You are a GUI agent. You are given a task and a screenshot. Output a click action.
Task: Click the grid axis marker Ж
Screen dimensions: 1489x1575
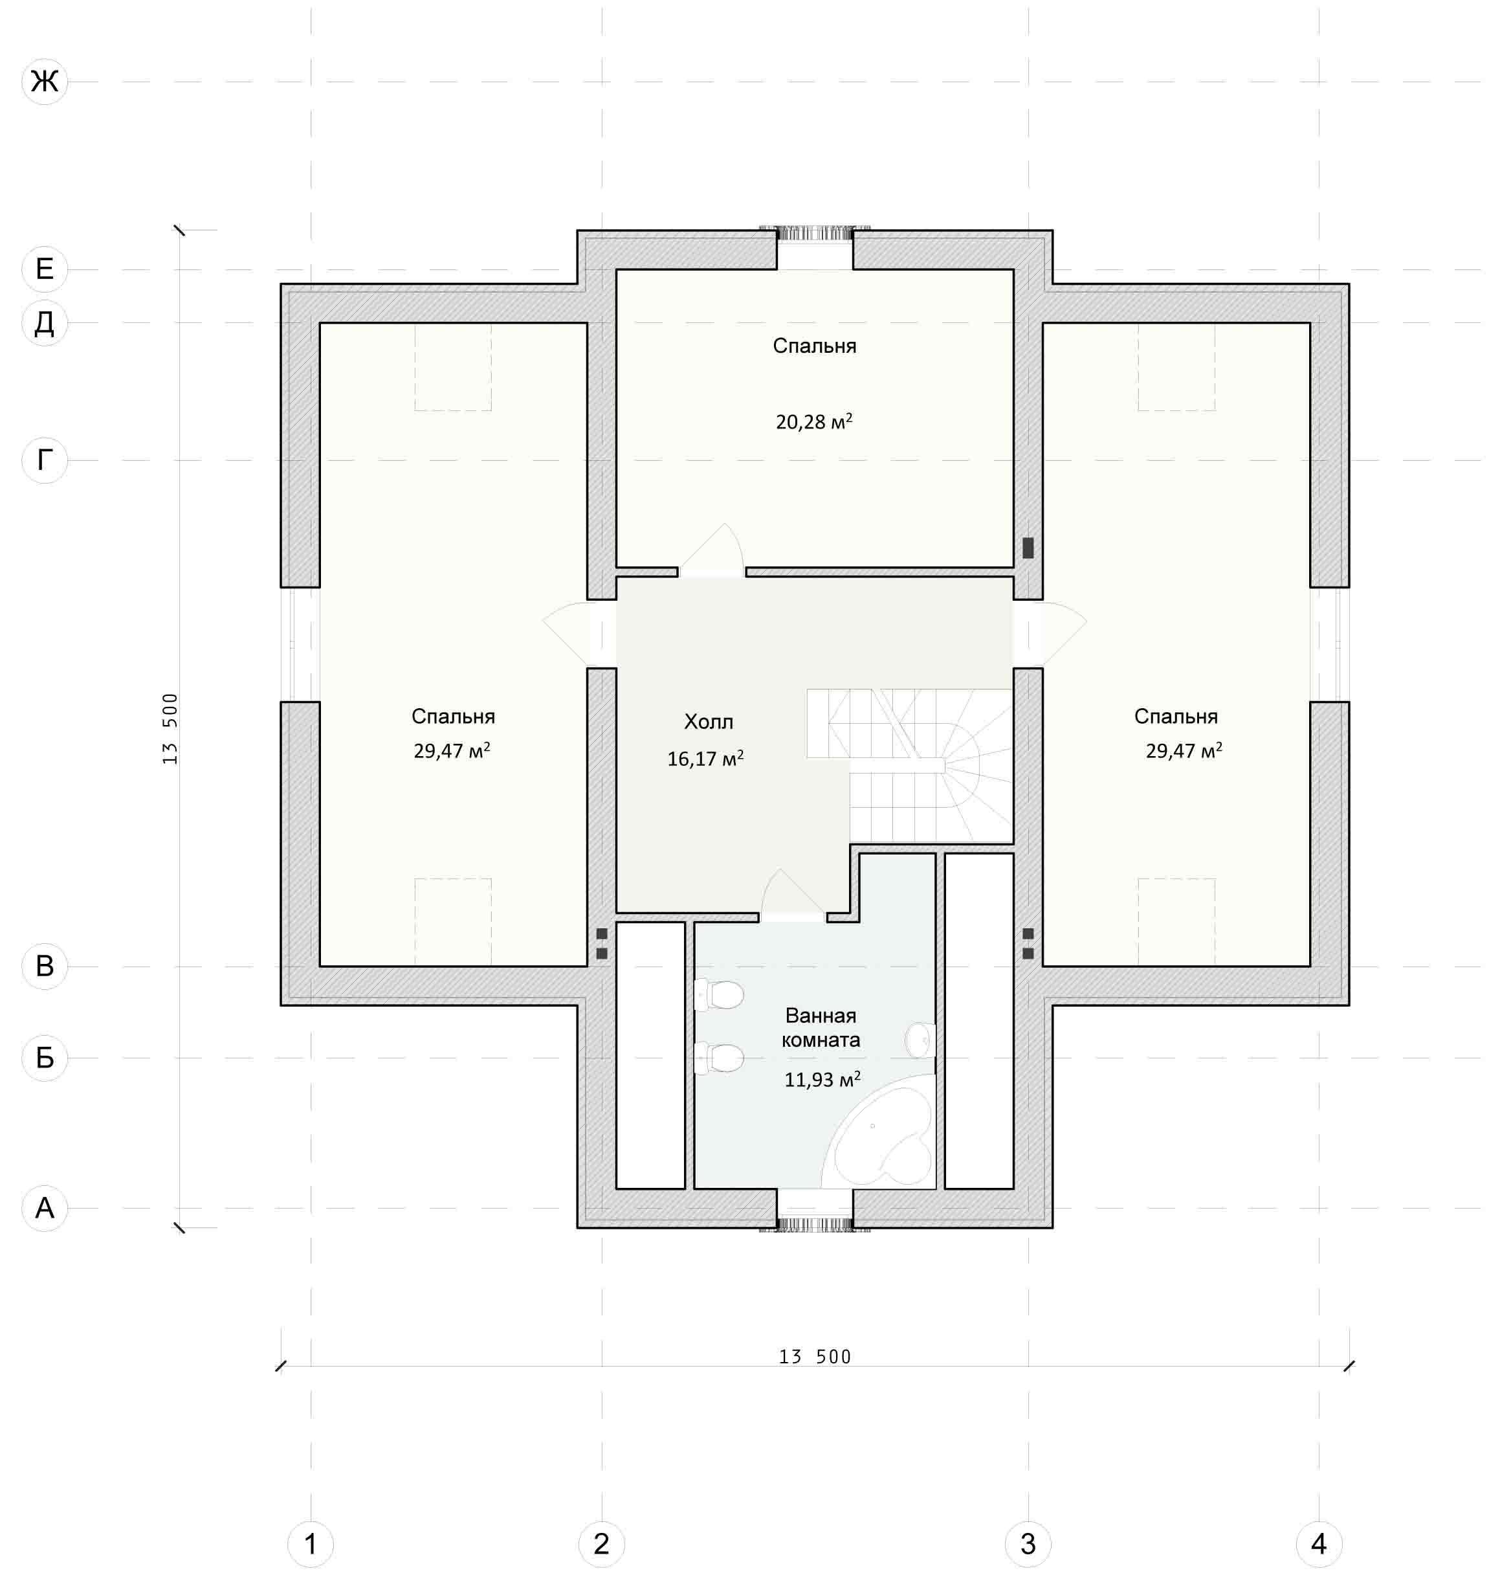point(45,81)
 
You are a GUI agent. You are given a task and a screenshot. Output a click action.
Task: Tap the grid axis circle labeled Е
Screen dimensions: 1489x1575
point(45,269)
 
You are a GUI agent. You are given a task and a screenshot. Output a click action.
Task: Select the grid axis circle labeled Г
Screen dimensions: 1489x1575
point(45,460)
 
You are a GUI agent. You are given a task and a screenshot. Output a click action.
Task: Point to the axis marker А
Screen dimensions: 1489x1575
point(45,1208)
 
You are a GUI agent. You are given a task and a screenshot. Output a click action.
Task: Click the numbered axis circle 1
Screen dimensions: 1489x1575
point(311,1544)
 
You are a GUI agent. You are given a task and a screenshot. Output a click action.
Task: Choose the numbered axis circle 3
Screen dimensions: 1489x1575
point(1028,1544)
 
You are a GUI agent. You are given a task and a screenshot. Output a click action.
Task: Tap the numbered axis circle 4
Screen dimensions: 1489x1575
point(1319,1544)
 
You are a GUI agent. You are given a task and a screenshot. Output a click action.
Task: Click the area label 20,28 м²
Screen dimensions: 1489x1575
point(814,421)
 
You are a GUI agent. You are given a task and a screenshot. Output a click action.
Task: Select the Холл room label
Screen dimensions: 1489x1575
point(709,722)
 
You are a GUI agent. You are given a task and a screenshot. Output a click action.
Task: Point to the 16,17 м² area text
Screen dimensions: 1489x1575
point(705,758)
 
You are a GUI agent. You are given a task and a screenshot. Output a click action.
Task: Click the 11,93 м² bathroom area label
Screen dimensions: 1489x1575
point(823,1080)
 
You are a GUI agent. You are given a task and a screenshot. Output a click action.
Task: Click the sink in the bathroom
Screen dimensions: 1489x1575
point(920,1040)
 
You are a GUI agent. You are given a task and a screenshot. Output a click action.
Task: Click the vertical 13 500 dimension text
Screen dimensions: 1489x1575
point(170,729)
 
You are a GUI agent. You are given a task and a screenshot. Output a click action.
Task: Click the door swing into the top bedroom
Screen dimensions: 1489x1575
point(712,550)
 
